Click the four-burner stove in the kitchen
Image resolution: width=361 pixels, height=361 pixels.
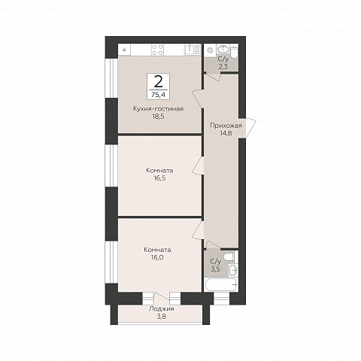(x=158, y=50)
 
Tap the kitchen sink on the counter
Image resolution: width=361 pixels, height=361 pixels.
(x=193, y=50)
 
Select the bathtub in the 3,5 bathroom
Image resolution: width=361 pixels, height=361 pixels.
(x=220, y=285)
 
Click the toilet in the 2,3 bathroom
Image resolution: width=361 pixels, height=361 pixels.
(x=234, y=51)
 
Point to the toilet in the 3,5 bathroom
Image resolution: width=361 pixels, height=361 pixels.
(x=231, y=256)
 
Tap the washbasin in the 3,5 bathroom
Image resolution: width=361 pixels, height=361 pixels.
(x=233, y=270)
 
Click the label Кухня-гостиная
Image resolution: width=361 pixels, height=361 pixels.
(x=159, y=109)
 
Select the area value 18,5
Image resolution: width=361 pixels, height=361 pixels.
(x=159, y=117)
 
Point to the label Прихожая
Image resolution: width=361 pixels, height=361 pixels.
(x=226, y=126)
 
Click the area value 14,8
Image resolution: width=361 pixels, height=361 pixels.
(x=226, y=133)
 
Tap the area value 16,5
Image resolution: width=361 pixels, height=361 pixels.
(x=159, y=178)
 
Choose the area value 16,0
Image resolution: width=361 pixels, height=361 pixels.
(x=157, y=257)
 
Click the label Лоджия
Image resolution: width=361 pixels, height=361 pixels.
(x=162, y=309)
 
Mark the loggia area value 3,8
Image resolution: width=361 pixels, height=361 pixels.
(x=162, y=317)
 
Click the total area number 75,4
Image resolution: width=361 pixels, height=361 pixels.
(x=159, y=95)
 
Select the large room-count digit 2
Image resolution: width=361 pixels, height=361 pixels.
(x=158, y=82)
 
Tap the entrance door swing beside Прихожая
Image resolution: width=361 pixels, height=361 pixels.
(x=250, y=129)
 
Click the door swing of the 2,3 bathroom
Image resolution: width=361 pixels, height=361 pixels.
(x=212, y=76)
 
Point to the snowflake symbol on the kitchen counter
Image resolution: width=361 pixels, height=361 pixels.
(x=124, y=50)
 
